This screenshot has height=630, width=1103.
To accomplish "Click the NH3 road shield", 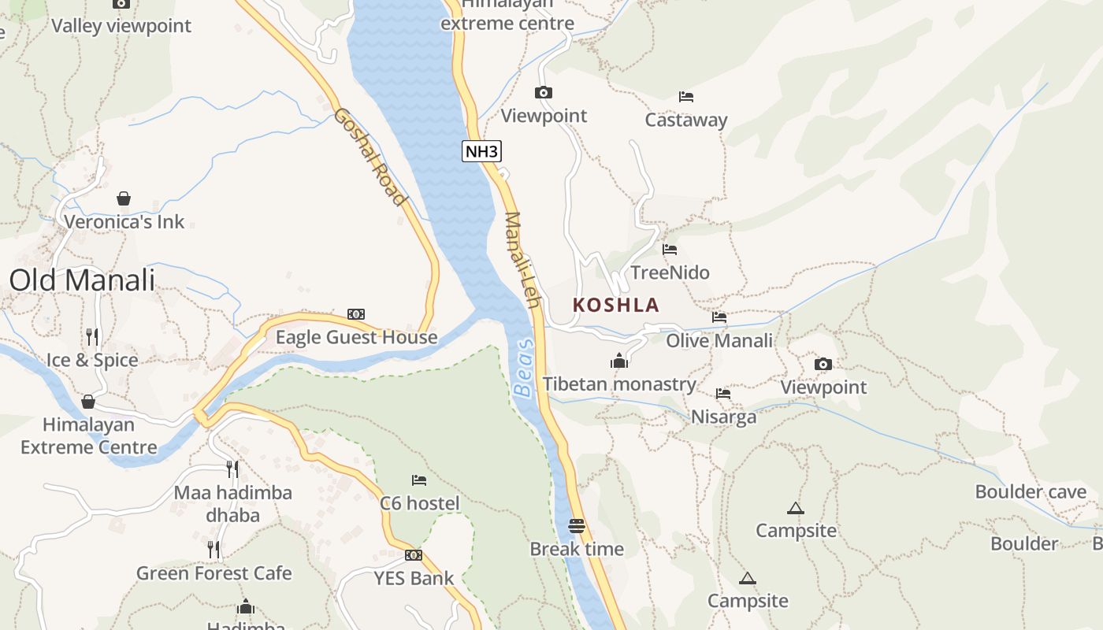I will (481, 151).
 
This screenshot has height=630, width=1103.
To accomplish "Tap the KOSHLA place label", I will (616, 305).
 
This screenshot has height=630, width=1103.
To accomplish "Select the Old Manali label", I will (82, 280).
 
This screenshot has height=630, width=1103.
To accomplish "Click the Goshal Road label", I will (370, 157).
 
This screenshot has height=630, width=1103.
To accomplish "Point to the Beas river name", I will (523, 368).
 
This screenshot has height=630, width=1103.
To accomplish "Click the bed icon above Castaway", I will (686, 97).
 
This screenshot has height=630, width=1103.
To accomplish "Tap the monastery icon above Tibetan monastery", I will (619, 361).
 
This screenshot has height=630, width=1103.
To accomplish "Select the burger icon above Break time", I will (577, 525).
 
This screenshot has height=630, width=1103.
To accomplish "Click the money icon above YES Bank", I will (414, 555).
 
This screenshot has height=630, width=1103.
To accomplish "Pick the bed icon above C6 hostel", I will (419, 480).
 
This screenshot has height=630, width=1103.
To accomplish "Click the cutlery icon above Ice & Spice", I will (92, 337).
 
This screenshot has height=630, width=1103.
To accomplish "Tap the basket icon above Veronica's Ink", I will (124, 198).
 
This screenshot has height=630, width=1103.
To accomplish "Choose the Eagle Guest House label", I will (356, 338).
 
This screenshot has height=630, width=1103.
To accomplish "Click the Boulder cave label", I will (1031, 492).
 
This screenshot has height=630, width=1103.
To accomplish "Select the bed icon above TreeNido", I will (670, 250).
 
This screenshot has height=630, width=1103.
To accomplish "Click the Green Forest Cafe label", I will (214, 573).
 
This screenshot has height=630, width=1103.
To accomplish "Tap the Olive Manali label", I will (719, 341).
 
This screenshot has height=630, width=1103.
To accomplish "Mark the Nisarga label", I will (723, 417).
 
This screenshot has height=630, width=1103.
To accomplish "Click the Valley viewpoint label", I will (121, 26).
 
